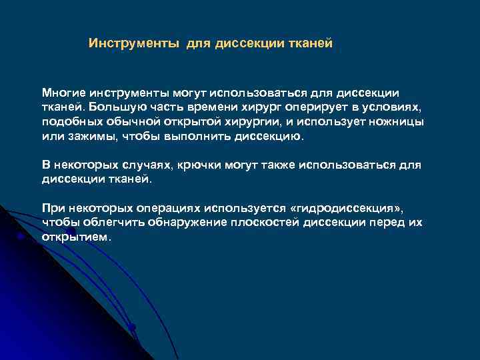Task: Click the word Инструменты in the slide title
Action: point(134,43)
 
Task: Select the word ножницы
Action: point(397,122)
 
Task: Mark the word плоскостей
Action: point(255,222)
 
